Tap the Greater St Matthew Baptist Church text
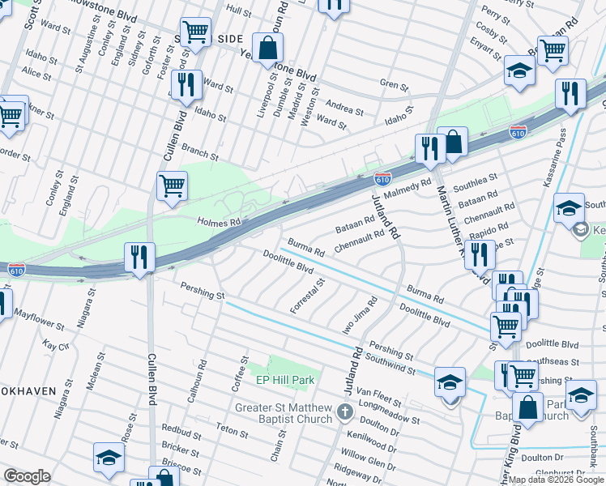(x=284, y=412)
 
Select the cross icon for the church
(x=345, y=412)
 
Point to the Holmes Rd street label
(x=219, y=222)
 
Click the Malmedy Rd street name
(x=408, y=189)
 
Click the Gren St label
(x=393, y=83)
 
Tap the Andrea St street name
(x=344, y=106)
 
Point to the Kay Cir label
(x=56, y=346)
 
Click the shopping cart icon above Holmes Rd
(x=172, y=185)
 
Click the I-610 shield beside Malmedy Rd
(x=383, y=177)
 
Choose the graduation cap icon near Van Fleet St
(x=450, y=382)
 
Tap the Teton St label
(x=233, y=431)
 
